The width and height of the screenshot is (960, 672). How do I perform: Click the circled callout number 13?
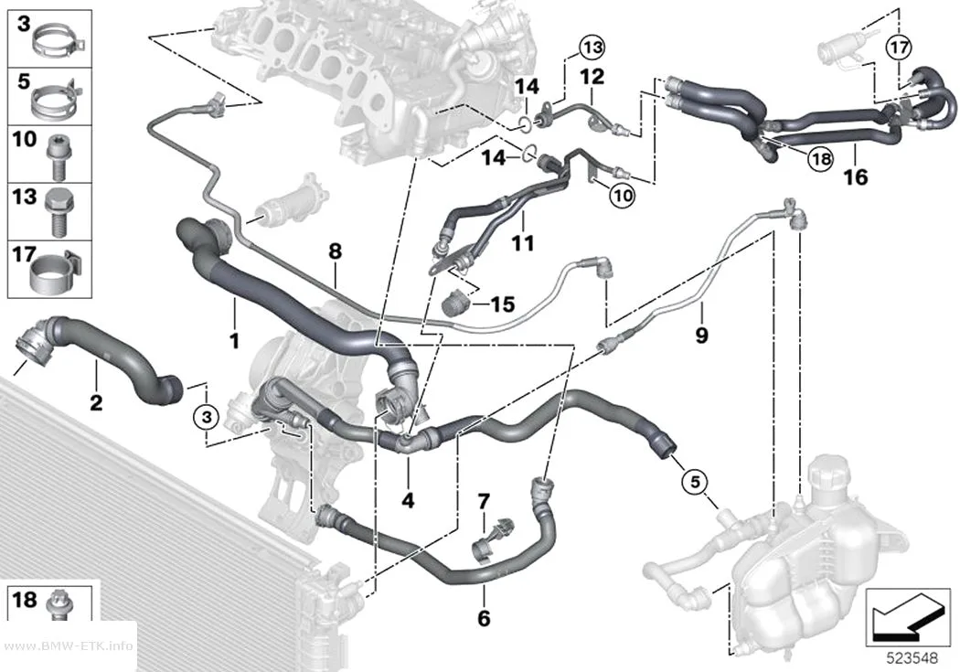pos(592,47)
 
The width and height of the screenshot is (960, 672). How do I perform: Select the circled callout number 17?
pos(899,47)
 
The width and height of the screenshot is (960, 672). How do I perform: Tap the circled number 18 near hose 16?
pos(820,159)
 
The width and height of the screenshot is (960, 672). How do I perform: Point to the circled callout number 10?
pos(622,196)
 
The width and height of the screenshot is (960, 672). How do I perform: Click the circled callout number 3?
pos(207,418)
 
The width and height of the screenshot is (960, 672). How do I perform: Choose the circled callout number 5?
pos(695,481)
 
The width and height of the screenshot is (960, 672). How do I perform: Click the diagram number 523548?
pos(912,658)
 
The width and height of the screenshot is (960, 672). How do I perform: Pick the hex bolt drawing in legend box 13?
pos(59,213)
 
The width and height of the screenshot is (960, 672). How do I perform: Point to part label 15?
pos(503,304)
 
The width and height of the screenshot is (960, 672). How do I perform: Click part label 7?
pos(484,502)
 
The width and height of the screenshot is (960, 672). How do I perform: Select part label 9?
pos(701,335)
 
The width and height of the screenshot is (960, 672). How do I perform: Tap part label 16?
pos(855,177)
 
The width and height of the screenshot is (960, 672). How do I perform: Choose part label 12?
pos(592,77)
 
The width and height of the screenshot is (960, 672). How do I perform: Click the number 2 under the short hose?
pos(96,402)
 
